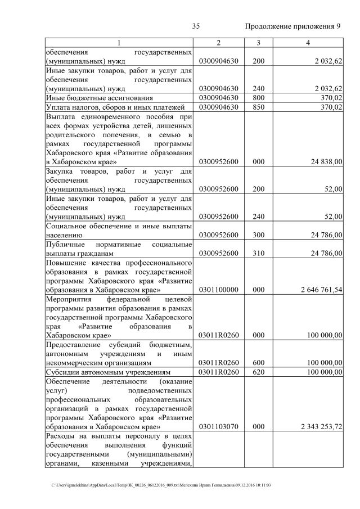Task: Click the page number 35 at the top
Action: (x=196, y=26)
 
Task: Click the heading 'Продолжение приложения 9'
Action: (x=293, y=26)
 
